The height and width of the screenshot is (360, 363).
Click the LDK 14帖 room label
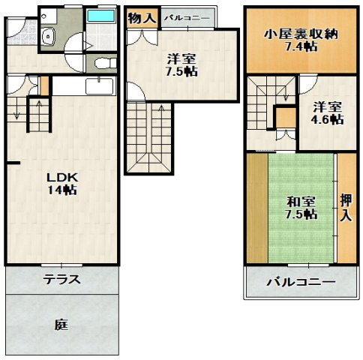(62, 184)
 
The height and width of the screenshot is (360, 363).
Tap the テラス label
(61, 279)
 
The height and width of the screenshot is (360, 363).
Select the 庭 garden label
(61, 325)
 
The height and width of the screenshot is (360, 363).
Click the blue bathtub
(102, 16)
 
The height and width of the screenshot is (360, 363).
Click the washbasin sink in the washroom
(48, 37)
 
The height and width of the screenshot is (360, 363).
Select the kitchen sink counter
(99, 86)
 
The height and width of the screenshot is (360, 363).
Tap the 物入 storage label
(142, 18)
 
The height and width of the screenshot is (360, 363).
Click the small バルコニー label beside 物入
(187, 18)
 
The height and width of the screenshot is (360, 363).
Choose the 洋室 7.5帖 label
(181, 65)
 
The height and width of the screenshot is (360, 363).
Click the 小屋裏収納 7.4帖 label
(301, 40)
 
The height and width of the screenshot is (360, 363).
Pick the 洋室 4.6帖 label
(327, 113)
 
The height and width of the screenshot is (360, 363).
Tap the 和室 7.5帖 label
(301, 208)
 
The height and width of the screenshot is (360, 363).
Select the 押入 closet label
(346, 208)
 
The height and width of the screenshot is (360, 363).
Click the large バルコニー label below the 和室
(301, 283)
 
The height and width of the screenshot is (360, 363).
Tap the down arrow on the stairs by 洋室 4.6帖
(286, 92)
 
